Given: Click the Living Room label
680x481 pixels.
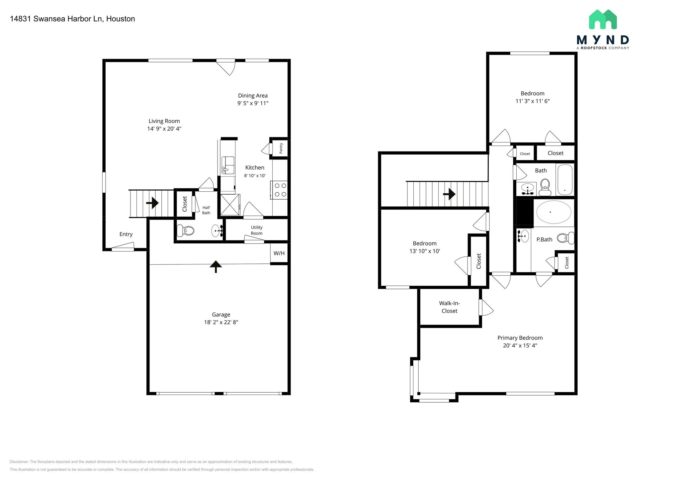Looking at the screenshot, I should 164,121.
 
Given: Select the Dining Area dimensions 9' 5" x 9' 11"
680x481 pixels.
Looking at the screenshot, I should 253,103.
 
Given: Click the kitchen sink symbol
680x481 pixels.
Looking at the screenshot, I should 227,165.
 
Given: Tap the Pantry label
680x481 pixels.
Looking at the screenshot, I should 281,148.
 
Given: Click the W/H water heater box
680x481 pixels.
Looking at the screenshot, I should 279,253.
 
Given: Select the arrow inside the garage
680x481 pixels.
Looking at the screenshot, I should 216,266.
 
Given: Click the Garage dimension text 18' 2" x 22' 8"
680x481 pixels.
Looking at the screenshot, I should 221,322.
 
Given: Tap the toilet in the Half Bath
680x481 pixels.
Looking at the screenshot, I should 185,230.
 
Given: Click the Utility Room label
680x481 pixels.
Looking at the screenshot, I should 257,230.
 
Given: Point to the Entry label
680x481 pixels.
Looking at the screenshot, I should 126,234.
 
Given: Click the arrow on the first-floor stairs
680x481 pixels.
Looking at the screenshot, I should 153,202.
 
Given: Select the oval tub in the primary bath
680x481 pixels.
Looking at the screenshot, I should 554,212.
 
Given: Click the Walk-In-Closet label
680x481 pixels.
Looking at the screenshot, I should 449,307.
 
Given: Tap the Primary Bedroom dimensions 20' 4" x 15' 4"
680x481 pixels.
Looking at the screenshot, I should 520,345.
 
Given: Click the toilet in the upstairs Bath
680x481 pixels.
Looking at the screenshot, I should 545,187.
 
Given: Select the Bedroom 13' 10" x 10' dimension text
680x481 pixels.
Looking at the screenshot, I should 425,251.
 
